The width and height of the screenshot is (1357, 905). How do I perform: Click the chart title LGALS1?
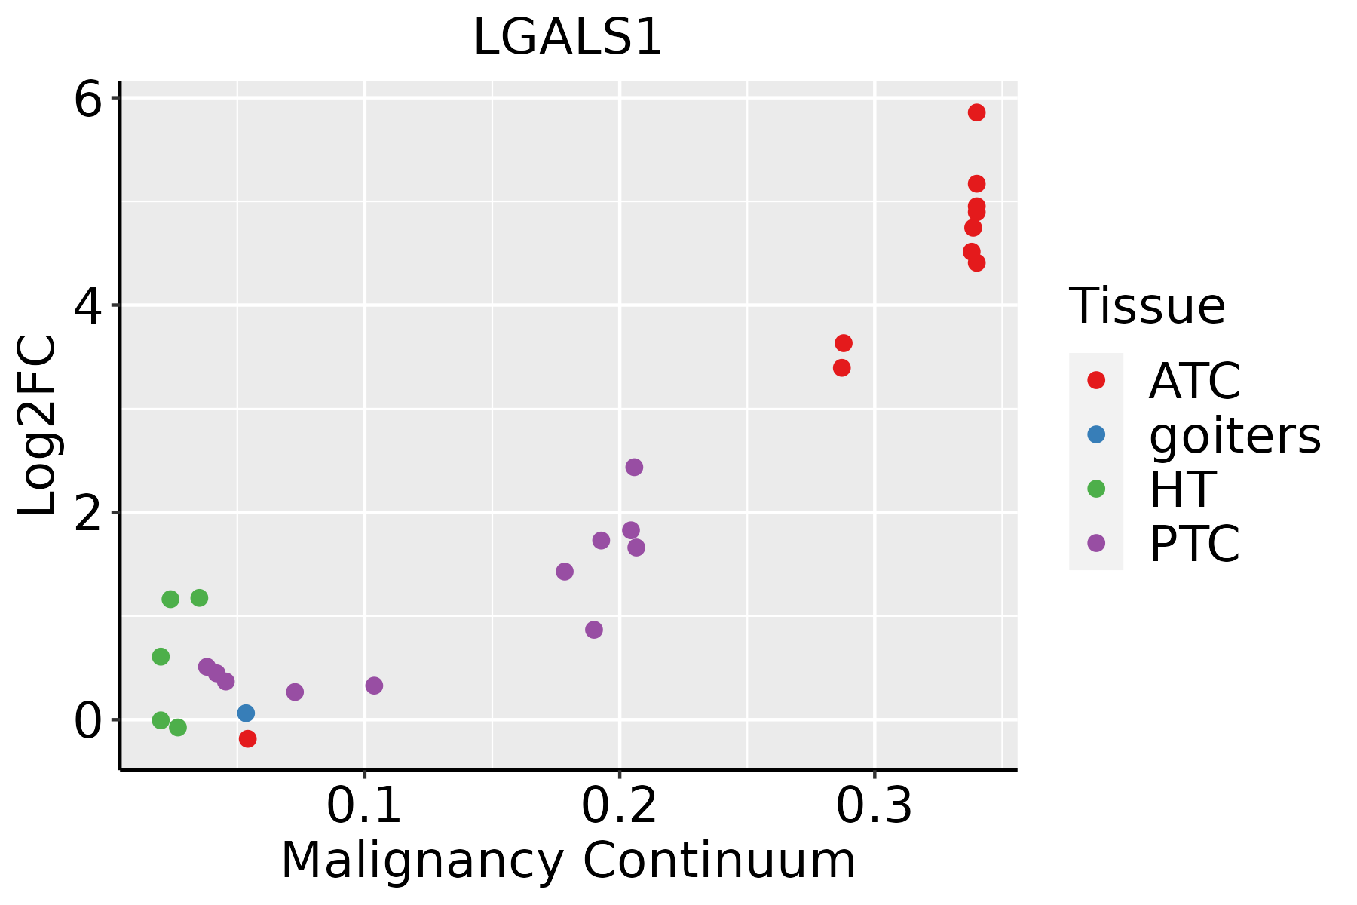pos(567,38)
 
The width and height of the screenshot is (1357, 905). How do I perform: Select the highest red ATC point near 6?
pos(976,112)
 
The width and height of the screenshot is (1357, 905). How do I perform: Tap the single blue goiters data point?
pos(246,713)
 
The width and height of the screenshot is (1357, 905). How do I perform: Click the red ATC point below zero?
pos(247,738)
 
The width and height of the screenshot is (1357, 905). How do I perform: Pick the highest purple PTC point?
pos(634,467)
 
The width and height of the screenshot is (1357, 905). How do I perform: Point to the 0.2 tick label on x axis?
pos(619,807)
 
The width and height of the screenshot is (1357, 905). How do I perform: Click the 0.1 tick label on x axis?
pos(364,807)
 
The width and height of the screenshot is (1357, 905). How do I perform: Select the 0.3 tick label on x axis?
pos(874,807)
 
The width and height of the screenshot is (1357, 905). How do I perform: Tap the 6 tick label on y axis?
pos(87,100)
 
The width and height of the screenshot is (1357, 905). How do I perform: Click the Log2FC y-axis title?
pos(38,425)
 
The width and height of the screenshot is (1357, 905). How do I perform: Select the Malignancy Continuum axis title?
pos(568,861)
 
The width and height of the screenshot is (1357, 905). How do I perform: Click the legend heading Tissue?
pos(1147,306)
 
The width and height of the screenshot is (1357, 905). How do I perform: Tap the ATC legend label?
pos(1194,381)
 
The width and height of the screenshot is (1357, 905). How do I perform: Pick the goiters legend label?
pos(1234,435)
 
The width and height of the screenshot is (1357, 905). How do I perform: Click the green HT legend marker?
pos(1096,489)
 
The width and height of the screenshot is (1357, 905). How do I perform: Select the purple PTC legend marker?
pos(1096,543)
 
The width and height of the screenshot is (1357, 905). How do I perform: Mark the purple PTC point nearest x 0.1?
pos(374,686)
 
